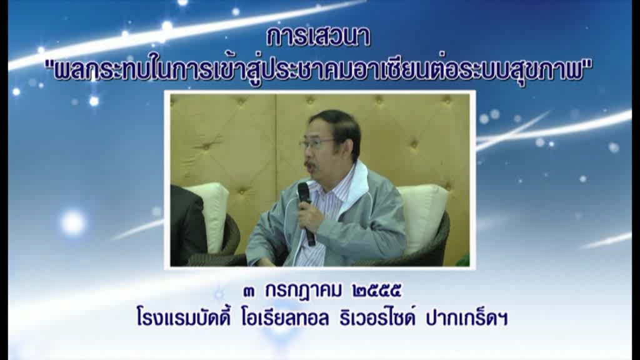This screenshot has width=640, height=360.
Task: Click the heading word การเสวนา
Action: pos(319,37)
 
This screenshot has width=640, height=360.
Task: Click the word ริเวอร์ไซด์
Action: pos(377,317)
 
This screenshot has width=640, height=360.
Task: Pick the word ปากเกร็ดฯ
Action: pos(467,317)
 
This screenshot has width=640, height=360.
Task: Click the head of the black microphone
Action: pos(304,192)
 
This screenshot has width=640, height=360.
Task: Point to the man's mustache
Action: pos(310,164)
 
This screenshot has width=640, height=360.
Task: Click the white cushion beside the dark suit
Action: pos(212,214)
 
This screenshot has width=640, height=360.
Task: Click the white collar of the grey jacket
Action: pos(359,184)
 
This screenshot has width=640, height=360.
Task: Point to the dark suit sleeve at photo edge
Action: pos(187,225)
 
